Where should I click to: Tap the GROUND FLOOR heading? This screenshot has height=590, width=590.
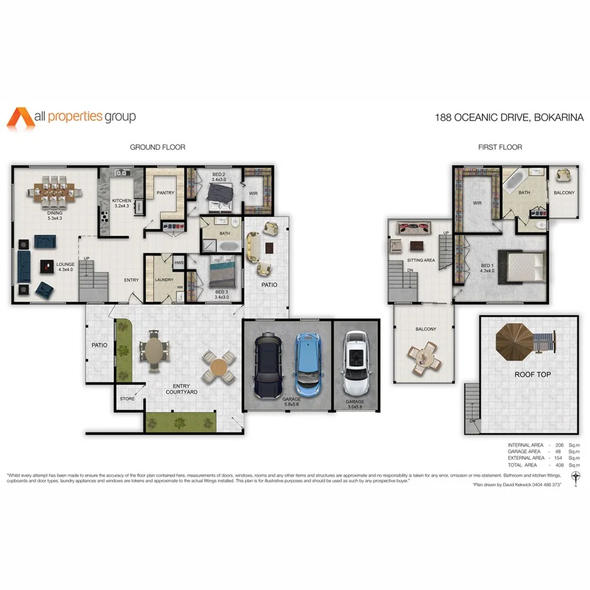(157, 147)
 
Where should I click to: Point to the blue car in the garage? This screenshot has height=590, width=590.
(309, 363)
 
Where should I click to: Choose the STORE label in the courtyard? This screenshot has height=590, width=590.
(127, 399)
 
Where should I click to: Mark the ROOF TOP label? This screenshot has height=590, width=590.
(532, 375)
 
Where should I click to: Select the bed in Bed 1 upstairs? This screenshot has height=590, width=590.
(524, 267)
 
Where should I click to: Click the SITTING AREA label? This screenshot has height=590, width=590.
(421, 260)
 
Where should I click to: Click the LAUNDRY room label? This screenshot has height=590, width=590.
(164, 280)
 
